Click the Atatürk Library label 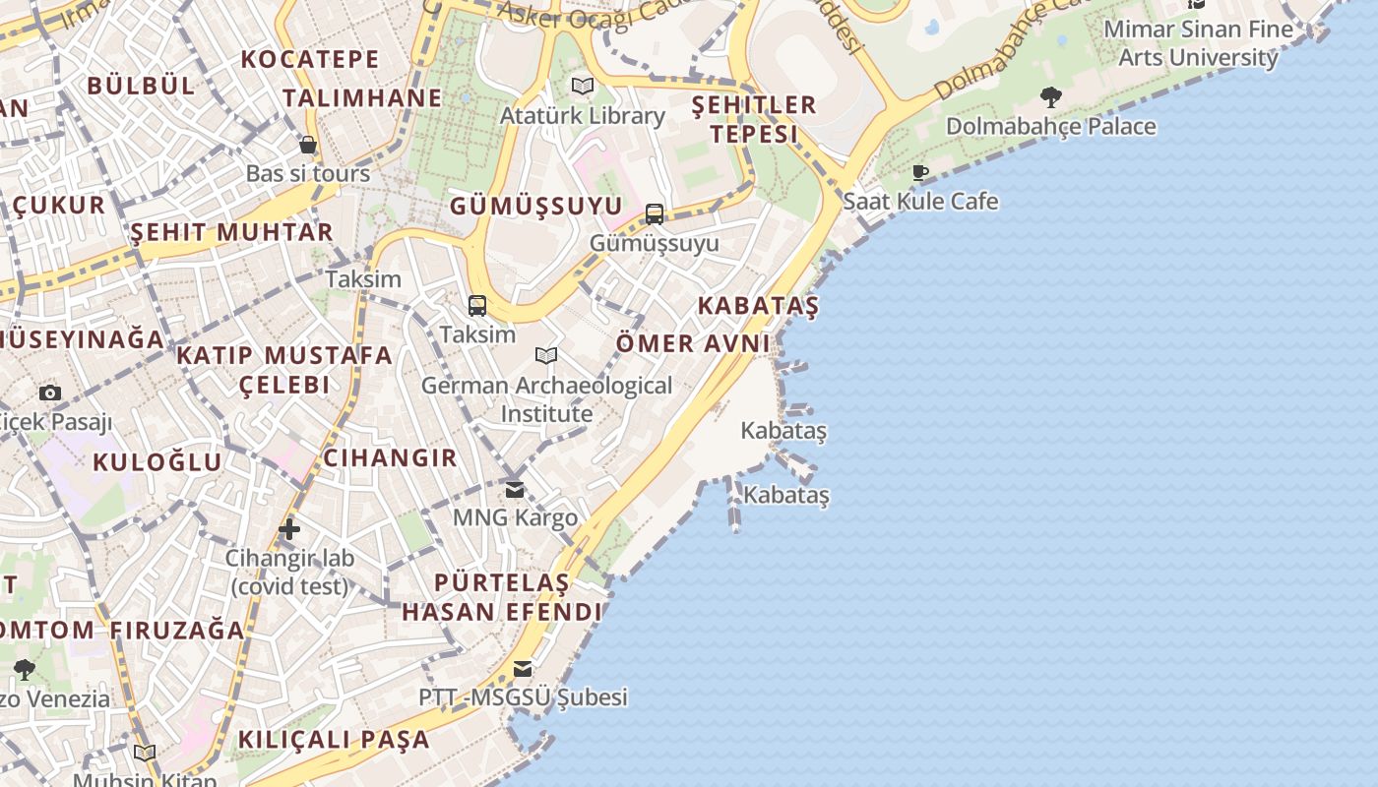pos(583,116)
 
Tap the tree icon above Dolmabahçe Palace pos(1050,96)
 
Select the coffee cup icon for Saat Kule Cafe pos(920,173)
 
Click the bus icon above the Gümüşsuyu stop pos(655,213)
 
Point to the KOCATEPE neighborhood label pos(310,59)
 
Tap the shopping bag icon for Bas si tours pos(308,146)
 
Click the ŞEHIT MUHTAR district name pos(232,232)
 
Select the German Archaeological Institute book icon pos(546,355)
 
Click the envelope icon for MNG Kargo pos(515,489)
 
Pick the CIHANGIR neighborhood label pos(391,457)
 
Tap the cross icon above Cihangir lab pos(289,529)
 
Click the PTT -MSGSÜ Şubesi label pos(523,697)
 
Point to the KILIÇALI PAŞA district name pos(334,739)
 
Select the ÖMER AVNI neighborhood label pos(693,343)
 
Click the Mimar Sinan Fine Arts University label pos(1198,43)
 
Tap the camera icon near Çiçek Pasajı pos(50,393)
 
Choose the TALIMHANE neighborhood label pos(362,98)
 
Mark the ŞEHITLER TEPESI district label pos(754,119)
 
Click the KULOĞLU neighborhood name pos(157,462)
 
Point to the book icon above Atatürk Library pos(583,86)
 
